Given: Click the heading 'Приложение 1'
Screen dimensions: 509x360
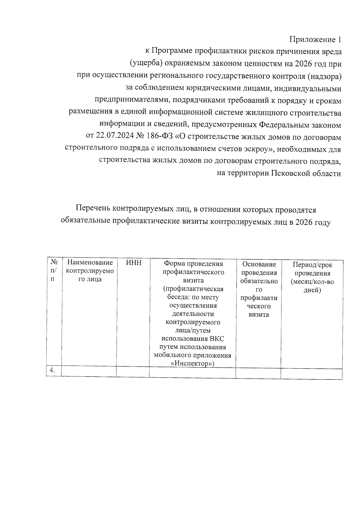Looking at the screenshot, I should click(x=315, y=40).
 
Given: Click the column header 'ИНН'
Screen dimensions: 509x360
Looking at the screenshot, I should click(x=133, y=263).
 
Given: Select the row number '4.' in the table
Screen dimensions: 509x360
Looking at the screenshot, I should click(x=52, y=370).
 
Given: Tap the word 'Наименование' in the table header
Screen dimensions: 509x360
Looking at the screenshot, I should click(x=90, y=263).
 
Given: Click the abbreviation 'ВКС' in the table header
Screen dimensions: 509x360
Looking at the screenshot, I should click(x=217, y=339).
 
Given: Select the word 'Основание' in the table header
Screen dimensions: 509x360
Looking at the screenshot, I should click(x=259, y=264).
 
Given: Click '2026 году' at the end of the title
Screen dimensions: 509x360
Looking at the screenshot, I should click(x=313, y=222).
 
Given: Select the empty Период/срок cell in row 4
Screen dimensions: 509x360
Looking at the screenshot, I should click(x=311, y=373).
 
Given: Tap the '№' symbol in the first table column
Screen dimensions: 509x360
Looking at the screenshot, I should click(x=54, y=262).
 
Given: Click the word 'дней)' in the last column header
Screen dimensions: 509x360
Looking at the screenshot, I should click(x=312, y=290).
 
